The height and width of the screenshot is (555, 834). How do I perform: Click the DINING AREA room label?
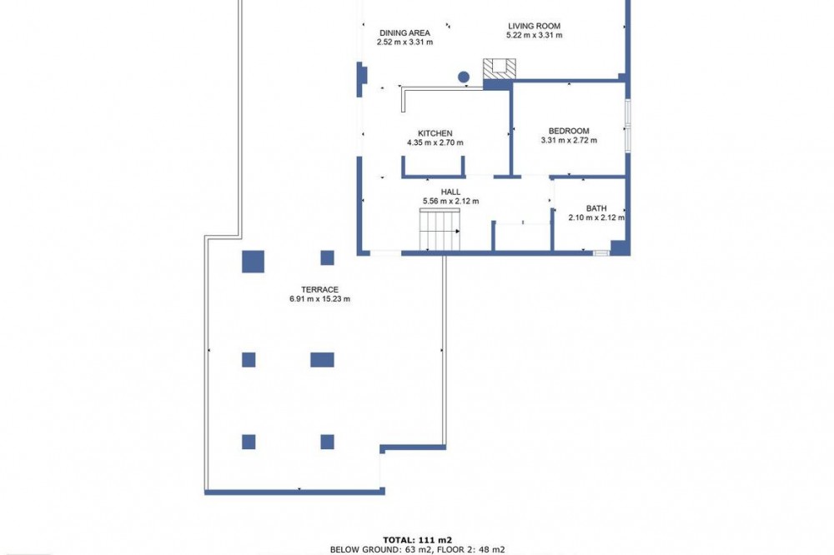point(404,33)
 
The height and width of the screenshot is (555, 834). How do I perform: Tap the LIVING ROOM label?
point(534,26)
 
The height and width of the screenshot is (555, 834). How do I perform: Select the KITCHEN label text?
point(435,133)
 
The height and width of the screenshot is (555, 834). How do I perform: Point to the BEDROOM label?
point(569,131)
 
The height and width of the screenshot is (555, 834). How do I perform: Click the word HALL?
point(450,192)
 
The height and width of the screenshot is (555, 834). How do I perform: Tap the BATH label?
point(596,208)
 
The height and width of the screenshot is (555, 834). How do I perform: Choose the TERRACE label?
point(319,290)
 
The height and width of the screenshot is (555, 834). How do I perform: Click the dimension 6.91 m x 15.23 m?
point(319,299)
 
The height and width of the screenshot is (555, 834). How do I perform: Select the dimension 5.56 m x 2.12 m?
point(450,201)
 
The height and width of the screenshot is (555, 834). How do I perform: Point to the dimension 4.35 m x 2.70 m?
point(435,142)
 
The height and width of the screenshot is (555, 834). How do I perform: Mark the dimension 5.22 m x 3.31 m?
point(534,35)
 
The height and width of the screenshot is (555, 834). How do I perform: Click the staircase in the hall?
point(440,229)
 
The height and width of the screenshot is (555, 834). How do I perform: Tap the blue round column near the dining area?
point(464,77)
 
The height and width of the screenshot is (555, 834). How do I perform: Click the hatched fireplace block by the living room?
point(500,69)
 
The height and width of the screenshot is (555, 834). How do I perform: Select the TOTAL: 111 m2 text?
point(418,540)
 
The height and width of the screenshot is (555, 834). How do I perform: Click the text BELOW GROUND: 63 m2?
point(379,550)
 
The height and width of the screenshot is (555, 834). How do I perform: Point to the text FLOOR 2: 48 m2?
point(469,550)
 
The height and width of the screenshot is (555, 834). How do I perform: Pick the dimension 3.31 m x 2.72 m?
point(569,140)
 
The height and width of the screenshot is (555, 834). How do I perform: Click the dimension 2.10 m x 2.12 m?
point(596,217)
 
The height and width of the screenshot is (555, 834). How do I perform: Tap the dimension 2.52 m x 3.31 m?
point(404,42)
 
